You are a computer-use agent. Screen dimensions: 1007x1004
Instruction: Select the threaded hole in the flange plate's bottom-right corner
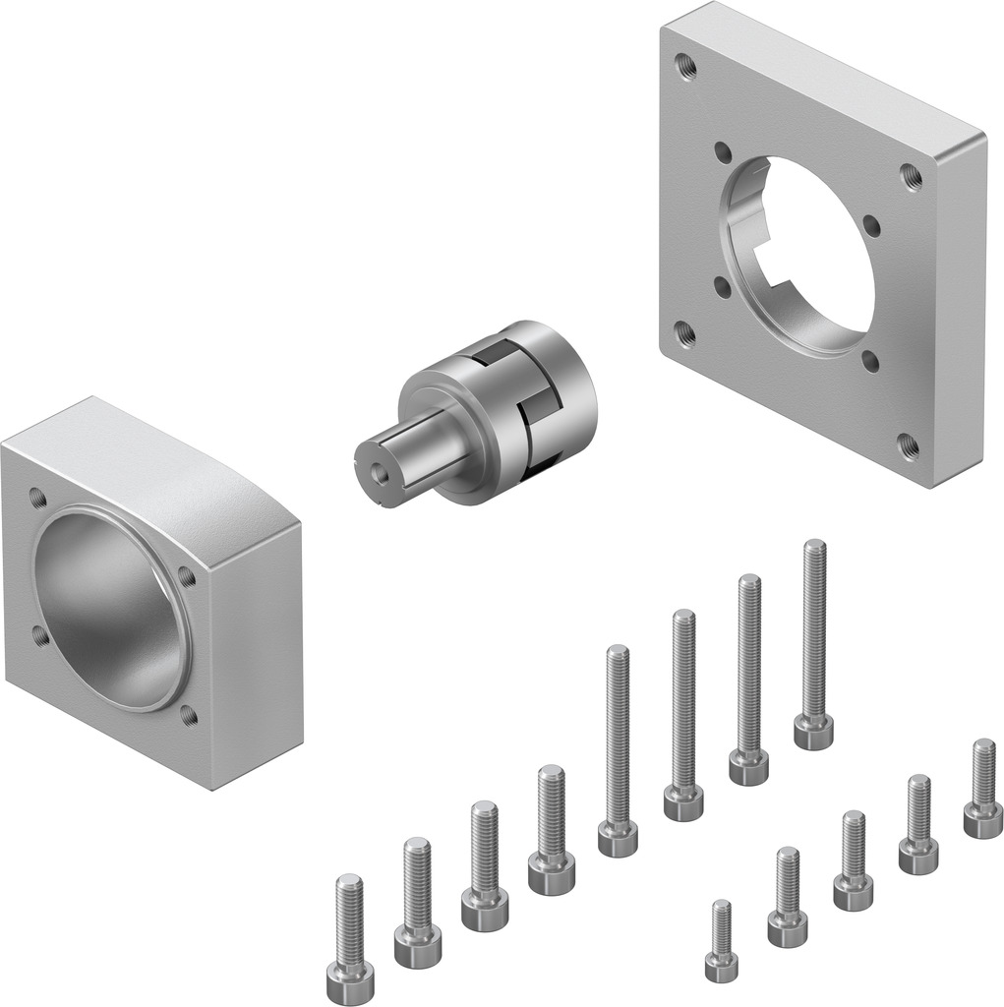909,447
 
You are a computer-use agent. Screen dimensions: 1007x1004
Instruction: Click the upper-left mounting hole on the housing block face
37,497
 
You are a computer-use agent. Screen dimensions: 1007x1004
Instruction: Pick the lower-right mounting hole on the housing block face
189,716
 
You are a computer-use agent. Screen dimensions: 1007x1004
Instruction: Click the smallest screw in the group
722,941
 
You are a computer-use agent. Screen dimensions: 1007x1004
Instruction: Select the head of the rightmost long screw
813,732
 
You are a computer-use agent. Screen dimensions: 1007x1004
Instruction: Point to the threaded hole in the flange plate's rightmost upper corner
911,177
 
